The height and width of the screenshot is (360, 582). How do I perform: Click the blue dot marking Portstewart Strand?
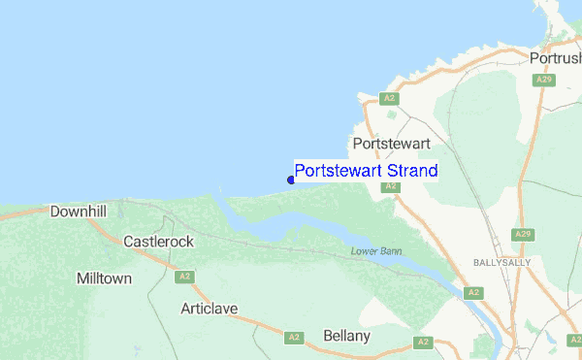291,180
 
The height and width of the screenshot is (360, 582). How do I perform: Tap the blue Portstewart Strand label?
366,171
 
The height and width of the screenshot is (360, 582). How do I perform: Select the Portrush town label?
555,58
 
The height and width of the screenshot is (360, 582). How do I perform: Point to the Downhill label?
78,210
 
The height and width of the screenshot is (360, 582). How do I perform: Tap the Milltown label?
104,278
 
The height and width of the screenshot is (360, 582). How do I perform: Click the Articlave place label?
209,309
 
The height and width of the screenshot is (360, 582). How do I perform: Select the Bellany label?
346,336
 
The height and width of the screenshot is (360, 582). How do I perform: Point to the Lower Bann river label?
376,252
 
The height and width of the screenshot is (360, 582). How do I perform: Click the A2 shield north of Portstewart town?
388,98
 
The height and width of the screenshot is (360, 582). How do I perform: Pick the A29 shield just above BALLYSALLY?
522,235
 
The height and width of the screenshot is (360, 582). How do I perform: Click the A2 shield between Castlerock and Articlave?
183,277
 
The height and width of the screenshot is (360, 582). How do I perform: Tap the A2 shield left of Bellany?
294,338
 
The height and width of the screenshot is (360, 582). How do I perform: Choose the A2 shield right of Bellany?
422,342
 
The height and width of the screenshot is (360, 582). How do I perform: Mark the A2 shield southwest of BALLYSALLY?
473,292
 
